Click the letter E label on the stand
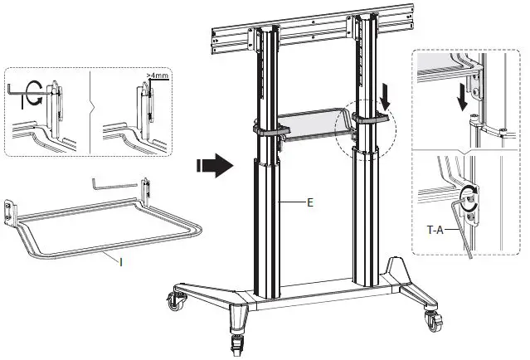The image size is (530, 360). tap(309, 202)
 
